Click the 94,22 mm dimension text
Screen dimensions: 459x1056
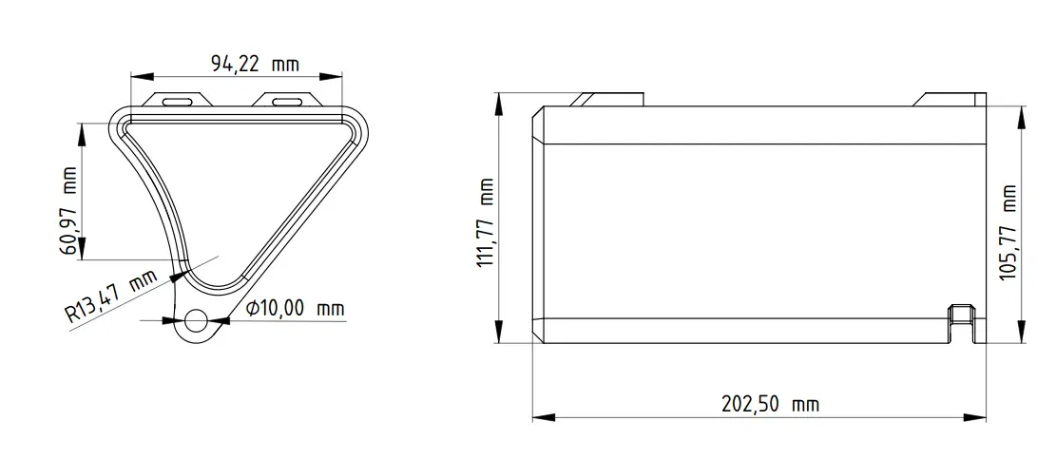254,65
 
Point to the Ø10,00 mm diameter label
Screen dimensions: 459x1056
295,309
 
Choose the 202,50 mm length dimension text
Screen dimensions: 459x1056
771,405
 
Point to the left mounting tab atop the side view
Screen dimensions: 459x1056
608,98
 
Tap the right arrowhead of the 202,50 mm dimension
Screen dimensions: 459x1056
978,415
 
